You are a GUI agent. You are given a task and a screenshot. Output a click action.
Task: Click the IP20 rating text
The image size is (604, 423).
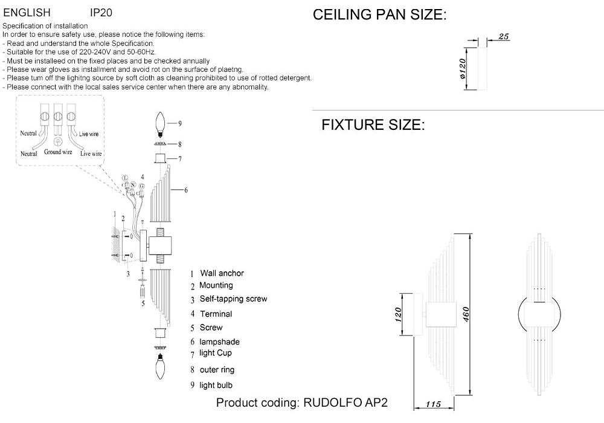101,12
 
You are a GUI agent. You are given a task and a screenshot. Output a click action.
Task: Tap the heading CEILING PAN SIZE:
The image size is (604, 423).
379,16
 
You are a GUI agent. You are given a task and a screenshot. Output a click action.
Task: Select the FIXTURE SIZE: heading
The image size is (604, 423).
373,126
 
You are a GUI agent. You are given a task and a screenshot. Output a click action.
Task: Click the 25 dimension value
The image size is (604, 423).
505,37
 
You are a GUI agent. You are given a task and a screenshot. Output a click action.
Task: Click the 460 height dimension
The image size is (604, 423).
467,314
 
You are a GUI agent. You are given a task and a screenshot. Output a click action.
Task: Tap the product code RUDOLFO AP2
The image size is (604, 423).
345,403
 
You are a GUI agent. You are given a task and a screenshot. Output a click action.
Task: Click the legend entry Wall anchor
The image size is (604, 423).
222,273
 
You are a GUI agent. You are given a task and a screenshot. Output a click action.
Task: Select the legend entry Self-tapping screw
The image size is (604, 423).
233,299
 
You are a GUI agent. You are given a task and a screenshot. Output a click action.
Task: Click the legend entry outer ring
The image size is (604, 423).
217,369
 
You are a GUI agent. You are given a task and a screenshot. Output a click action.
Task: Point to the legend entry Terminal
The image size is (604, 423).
216,314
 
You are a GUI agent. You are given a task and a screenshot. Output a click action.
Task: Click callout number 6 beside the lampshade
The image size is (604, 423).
185,190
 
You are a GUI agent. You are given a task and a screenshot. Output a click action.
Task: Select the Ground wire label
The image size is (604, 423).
58,152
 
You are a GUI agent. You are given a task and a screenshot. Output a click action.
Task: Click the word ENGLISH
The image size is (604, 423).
27,12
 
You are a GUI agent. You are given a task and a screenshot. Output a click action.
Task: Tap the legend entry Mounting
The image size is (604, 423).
216,285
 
